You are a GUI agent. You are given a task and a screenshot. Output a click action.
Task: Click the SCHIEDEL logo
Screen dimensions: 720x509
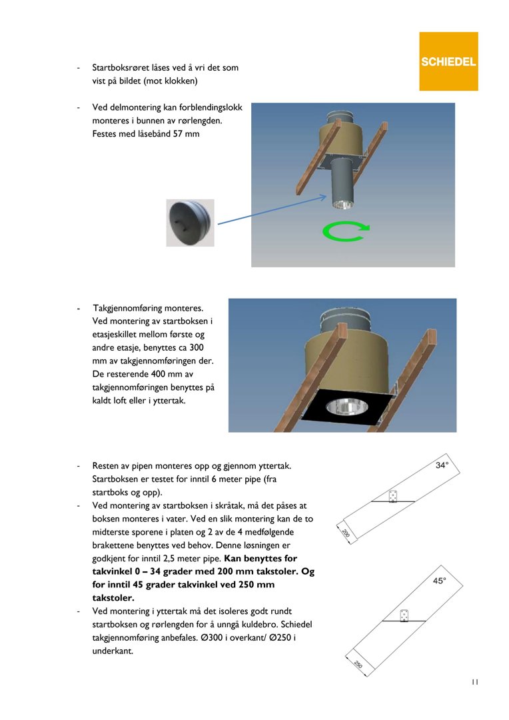coord(448,61)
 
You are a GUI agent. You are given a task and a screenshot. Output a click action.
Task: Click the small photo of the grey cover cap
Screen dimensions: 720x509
coord(190,223)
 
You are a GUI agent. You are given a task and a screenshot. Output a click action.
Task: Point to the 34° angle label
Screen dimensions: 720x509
coord(442,465)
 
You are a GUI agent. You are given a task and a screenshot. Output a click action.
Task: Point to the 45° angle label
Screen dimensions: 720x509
coord(440,581)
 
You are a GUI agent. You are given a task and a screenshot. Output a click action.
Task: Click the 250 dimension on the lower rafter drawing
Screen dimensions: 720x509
coord(357,665)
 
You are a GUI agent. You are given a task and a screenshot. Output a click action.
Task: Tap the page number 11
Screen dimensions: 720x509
coord(474,682)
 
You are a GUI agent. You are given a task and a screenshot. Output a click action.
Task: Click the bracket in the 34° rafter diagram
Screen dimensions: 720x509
coord(393,497)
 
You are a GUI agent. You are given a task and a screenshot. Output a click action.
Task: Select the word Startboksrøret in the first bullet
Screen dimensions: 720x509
coord(123,68)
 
